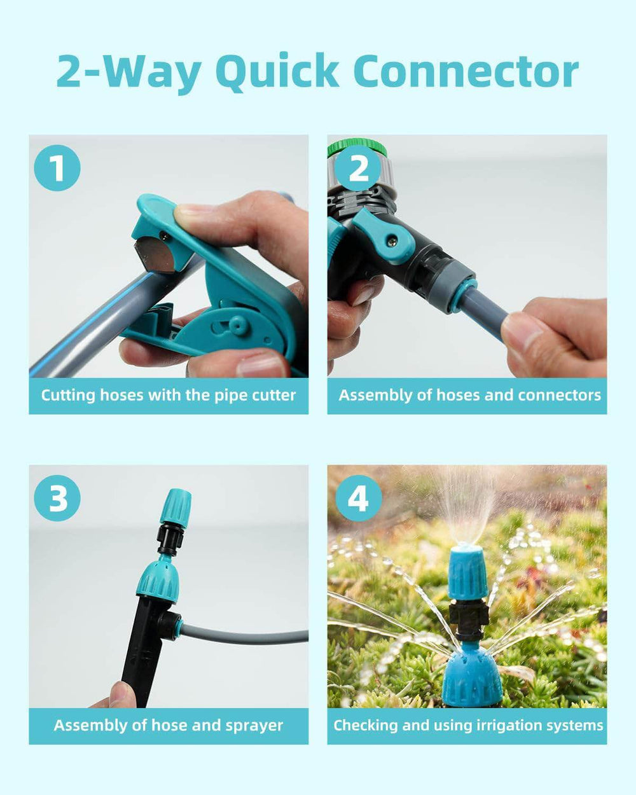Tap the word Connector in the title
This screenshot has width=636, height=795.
[x=466, y=71]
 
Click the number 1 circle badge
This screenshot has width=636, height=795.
[x=57, y=168]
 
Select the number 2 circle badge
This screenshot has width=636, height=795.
[x=359, y=168]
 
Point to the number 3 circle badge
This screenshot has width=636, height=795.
[x=57, y=498]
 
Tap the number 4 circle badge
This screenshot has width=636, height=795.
[x=359, y=498]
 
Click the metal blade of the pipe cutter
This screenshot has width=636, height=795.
[x=154, y=255]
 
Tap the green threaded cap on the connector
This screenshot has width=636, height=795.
[x=357, y=147]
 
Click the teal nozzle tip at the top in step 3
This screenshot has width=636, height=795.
[x=176, y=506]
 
